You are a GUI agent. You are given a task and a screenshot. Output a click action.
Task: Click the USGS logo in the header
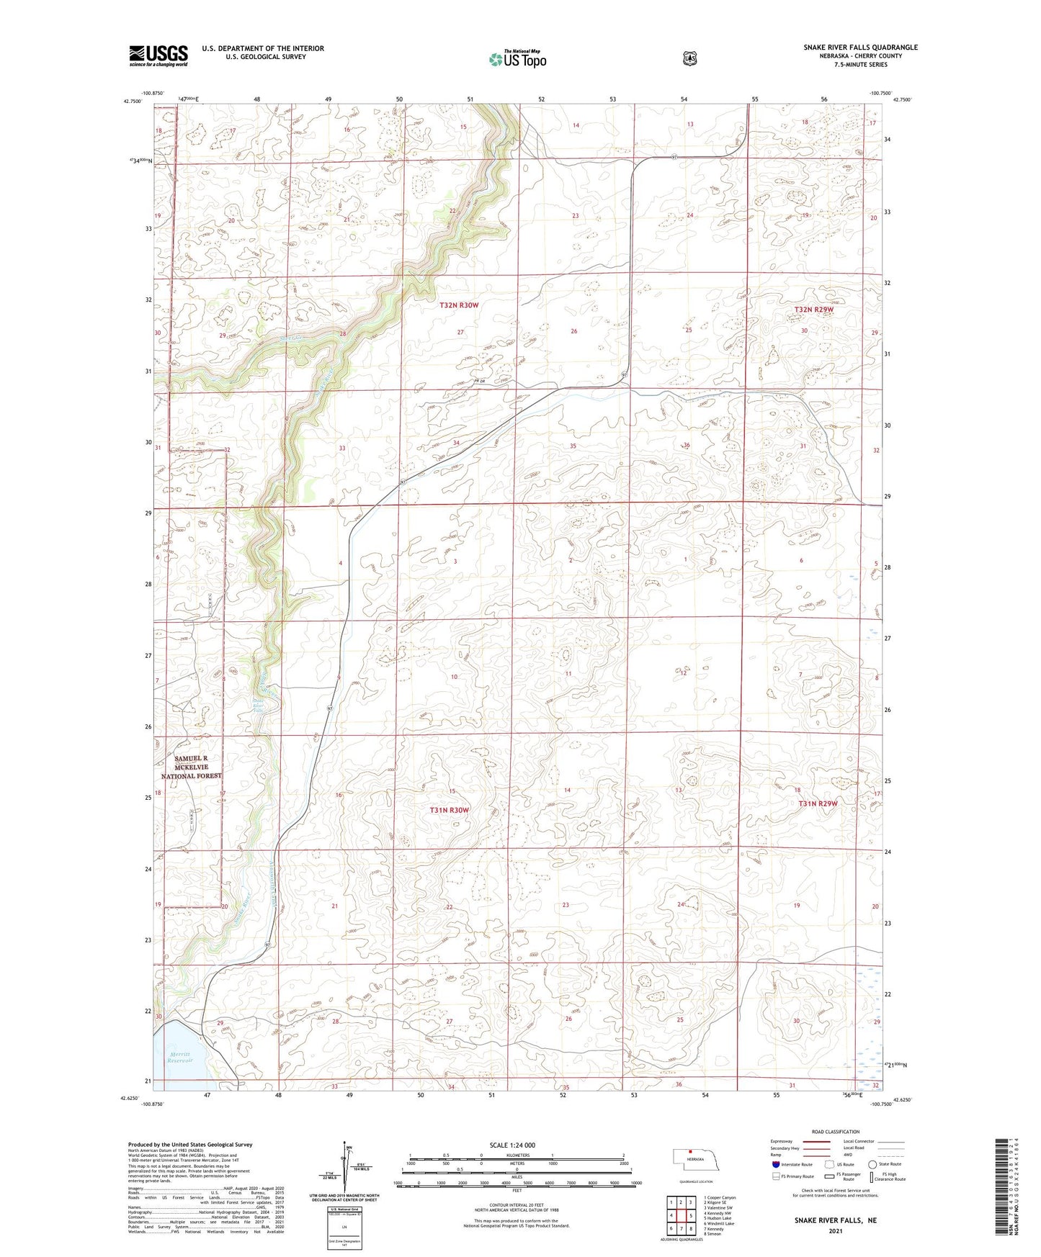pyautogui.click(x=158, y=55)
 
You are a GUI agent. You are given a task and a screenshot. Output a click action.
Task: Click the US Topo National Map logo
pyautogui.click(x=517, y=58)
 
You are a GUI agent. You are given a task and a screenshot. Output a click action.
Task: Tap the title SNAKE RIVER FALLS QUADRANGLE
pyautogui.click(x=860, y=48)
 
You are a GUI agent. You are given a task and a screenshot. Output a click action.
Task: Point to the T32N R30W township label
pyautogui.click(x=459, y=305)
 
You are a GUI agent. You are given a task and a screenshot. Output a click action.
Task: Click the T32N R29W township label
pyautogui.click(x=813, y=310)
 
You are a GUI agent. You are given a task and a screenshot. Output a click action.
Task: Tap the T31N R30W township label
pyautogui.click(x=449, y=810)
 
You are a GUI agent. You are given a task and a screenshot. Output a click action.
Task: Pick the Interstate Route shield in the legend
pyautogui.click(x=775, y=1164)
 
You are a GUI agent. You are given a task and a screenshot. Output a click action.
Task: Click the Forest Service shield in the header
pyautogui.click(x=689, y=58)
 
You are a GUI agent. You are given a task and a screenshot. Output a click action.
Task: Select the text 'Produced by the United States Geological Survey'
pyautogui.click(x=190, y=1144)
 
